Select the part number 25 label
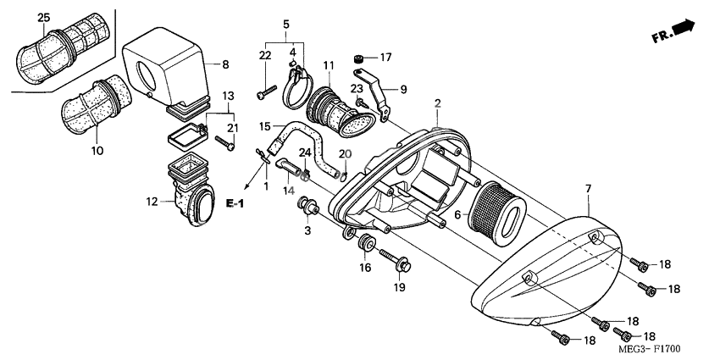tap(45, 17)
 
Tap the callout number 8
tap(225, 64)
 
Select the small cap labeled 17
tap(358, 58)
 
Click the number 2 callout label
tap(438, 103)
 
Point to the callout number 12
tap(152, 202)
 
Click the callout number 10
tap(97, 152)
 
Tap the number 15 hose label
tap(265, 126)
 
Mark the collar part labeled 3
tap(307, 206)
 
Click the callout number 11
tap(329, 65)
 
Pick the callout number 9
tap(403, 88)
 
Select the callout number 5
tap(286, 24)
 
